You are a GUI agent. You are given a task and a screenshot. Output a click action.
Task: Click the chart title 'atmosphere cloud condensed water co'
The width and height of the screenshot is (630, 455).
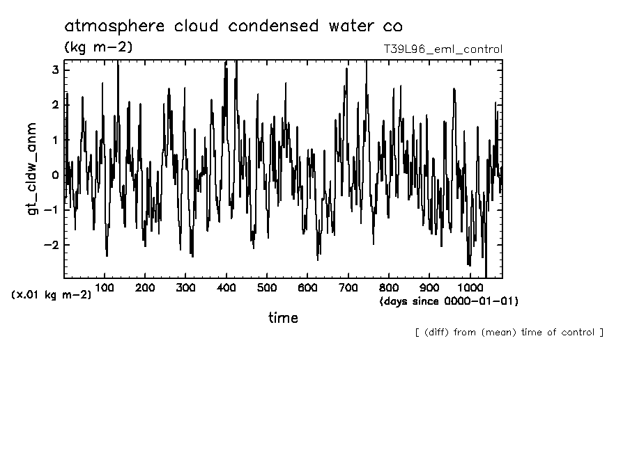coord(233,26)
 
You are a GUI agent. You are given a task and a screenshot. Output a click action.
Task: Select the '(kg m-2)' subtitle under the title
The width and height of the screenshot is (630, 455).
coord(98,47)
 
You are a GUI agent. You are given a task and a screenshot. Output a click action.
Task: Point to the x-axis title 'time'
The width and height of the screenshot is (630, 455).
coord(283,318)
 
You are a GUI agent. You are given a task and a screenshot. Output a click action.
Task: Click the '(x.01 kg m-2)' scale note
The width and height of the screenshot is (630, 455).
coord(51,295)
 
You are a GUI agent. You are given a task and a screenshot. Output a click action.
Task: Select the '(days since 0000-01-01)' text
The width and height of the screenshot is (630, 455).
coord(449,301)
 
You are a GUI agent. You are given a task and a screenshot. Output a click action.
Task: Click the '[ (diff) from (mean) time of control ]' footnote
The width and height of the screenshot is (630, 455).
coord(509,332)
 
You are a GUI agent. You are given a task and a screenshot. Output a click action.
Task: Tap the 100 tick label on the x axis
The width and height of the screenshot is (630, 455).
coord(105,287)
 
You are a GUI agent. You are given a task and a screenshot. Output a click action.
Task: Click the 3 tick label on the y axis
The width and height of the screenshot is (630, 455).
coord(55,70)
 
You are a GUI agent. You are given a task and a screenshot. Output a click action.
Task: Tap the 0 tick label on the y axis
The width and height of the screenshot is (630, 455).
coord(55,175)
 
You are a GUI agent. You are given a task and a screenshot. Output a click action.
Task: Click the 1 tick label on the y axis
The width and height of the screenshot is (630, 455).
coord(55,140)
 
